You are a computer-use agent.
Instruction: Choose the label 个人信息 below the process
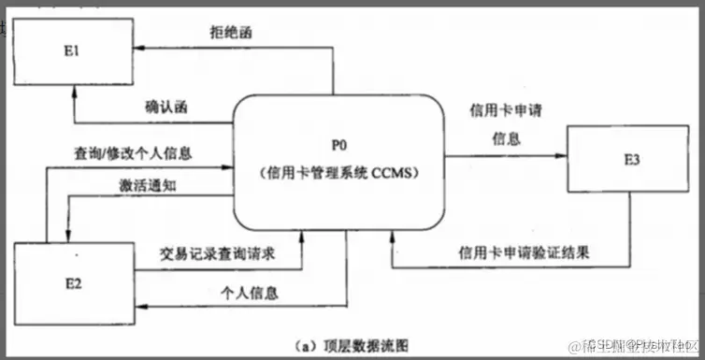pos(249,293)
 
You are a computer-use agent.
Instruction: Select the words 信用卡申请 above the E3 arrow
pos(507,109)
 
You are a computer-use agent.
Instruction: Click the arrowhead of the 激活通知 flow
pos(67,234)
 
